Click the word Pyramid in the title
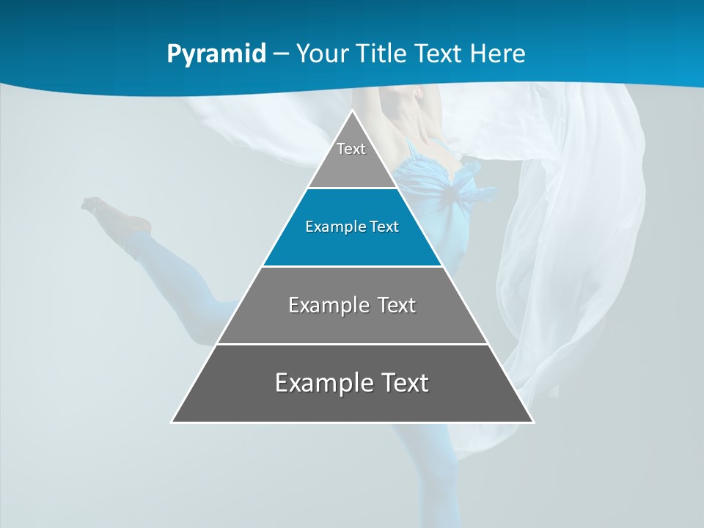pyautogui.click(x=216, y=54)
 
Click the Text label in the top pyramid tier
pyautogui.click(x=351, y=149)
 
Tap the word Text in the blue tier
pyautogui.click(x=384, y=227)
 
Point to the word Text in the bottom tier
pyautogui.click(x=403, y=383)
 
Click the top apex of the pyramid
pyautogui.click(x=352, y=111)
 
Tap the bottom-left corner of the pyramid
pyautogui.click(x=172, y=422)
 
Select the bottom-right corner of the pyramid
pyautogui.click(x=532, y=422)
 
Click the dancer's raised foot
pyautogui.click(x=92, y=203)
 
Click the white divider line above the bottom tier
pyautogui.click(x=352, y=344)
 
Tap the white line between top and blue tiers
pyautogui.click(x=352, y=188)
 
